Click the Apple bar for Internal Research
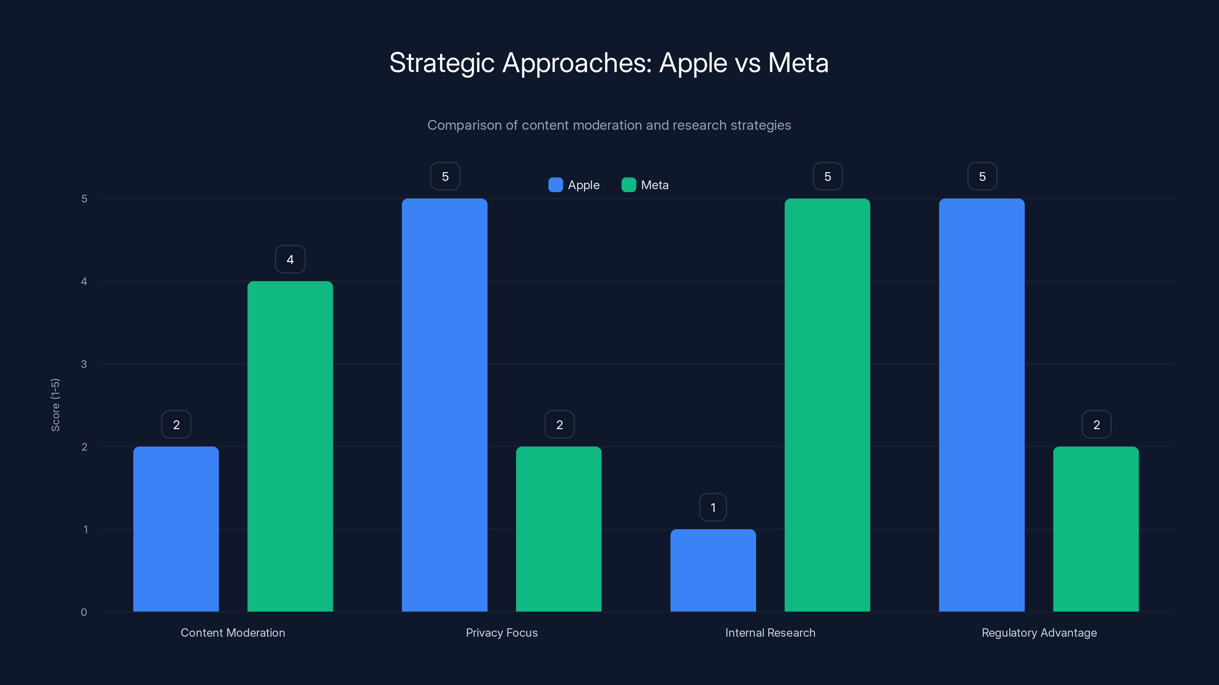point(713,570)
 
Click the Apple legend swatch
point(555,185)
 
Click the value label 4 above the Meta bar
point(290,259)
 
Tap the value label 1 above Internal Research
point(713,507)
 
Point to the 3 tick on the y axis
point(84,364)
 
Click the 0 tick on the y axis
point(84,612)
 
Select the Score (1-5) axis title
point(55,405)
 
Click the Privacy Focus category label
point(502,632)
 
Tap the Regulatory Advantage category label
point(1039,632)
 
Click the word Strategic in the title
point(442,63)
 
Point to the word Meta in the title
point(798,63)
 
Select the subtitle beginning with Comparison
point(609,125)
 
